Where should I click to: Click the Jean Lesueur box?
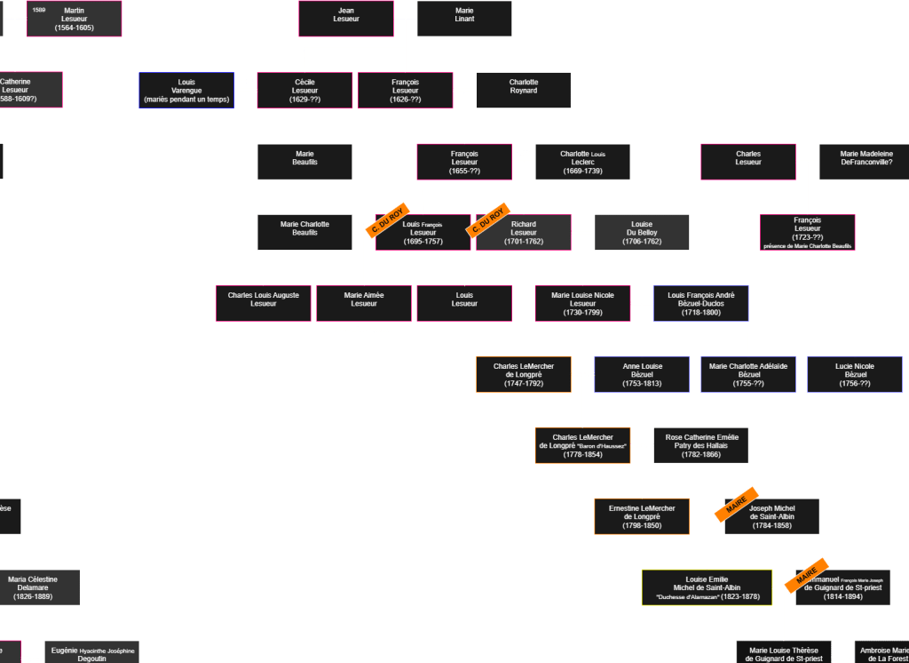pyautogui.click(x=346, y=19)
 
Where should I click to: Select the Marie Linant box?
pyautogui.click(x=464, y=19)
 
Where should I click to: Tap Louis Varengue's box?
pyautogui.click(x=186, y=91)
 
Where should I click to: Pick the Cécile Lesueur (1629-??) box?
pyautogui.click(x=304, y=91)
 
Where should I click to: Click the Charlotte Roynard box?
pyautogui.click(x=524, y=91)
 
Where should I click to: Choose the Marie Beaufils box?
pyautogui.click(x=304, y=162)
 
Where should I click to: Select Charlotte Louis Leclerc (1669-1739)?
pyautogui.click(x=582, y=162)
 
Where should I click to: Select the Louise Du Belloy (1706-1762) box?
pyautogui.click(x=642, y=233)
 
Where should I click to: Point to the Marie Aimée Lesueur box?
pyautogui.click(x=364, y=303)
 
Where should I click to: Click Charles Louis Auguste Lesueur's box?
pyautogui.click(x=264, y=303)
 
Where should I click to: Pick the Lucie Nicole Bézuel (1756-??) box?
pyautogui.click(x=855, y=374)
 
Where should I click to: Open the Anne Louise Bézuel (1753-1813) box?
pyautogui.click(x=642, y=374)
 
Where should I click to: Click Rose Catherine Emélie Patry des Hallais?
pyautogui.click(x=701, y=445)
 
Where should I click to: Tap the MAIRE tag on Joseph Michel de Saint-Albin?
pyautogui.click(x=737, y=504)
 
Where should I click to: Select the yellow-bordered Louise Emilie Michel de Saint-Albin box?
pyautogui.click(x=707, y=587)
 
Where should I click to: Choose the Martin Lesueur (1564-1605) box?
pyautogui.click(x=75, y=19)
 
